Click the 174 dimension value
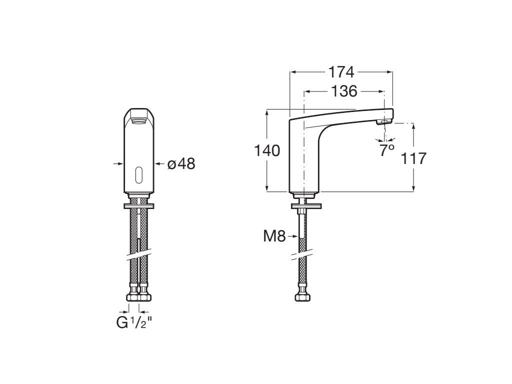click(341, 72)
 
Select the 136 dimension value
click(344, 91)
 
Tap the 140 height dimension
click(267, 150)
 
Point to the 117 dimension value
click(413, 158)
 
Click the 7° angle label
click(386, 150)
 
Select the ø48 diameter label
click(181, 163)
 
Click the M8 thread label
click(274, 236)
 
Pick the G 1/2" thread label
click(133, 323)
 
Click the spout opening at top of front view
click(138, 119)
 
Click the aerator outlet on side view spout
click(383, 121)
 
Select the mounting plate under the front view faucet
click(138, 205)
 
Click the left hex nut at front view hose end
click(133, 297)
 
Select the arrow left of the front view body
click(118, 163)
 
